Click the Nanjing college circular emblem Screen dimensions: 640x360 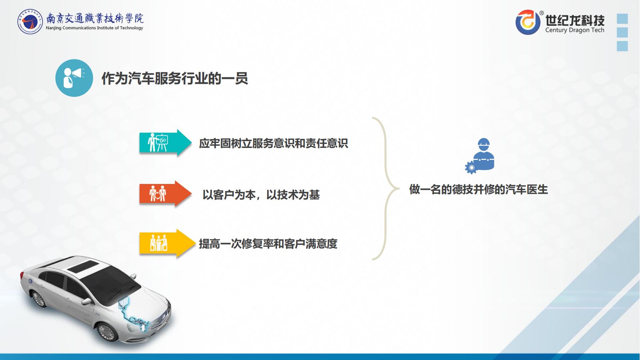coord(30,22)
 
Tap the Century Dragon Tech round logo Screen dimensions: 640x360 coord(528,22)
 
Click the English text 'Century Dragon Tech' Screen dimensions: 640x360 coord(574,30)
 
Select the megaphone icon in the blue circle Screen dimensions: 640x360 coord(74,78)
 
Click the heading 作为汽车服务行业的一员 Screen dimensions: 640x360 coord(175,78)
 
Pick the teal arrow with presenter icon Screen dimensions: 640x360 coord(165,143)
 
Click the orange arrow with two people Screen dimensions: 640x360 coord(165,194)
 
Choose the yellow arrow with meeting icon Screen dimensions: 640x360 coord(165,244)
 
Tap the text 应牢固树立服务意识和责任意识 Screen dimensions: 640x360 coord(274,143)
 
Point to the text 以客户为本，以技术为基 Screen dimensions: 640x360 coord(261,195)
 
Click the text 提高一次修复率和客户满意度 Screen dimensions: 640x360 coord(268,244)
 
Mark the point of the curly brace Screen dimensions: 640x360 coord(398,188)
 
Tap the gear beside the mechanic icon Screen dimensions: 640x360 coord(471,167)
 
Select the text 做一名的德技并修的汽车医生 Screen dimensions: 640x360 coord(478,189)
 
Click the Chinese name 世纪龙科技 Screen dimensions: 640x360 coord(575,19)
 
